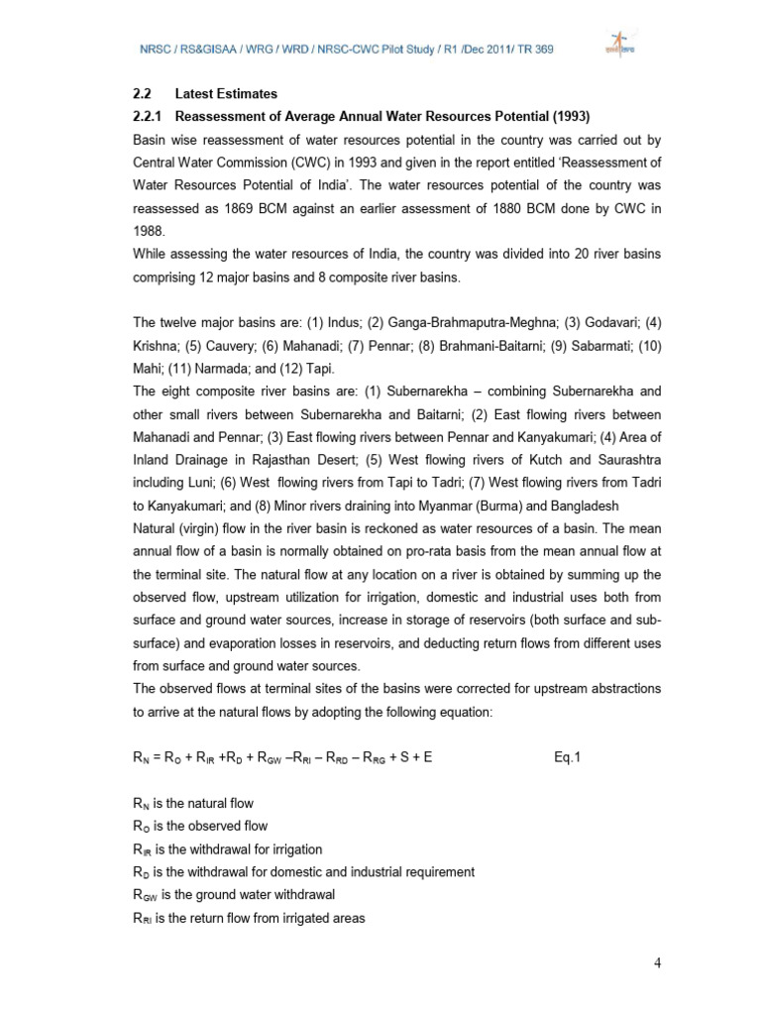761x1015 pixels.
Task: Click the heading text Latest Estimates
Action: point(227,94)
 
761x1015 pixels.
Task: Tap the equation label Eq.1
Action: point(570,757)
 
